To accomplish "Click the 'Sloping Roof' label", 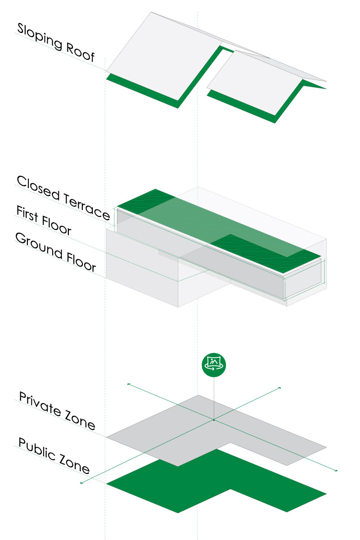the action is point(56,42).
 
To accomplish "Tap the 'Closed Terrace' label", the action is point(63,198).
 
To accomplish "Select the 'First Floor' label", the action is point(44,220).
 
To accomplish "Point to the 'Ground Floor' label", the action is point(55,252).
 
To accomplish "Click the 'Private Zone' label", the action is point(57,411).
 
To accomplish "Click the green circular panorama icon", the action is point(214,365).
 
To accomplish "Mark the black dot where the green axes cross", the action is point(214,420).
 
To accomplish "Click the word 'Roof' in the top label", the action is point(80,52).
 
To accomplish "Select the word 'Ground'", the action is point(39,246).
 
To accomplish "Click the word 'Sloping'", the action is point(40,36).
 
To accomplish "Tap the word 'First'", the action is point(27,214).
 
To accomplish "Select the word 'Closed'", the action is point(38,188).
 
